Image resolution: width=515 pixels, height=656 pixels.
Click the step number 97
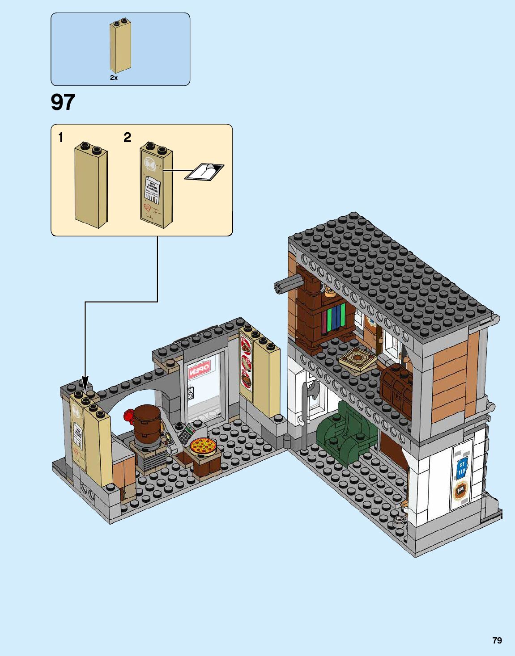click(x=63, y=102)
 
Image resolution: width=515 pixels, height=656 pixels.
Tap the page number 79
click(x=497, y=640)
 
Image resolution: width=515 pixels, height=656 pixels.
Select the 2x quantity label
click(x=114, y=78)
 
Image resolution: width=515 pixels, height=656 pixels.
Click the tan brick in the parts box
click(x=120, y=46)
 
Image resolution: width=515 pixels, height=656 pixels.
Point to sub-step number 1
click(x=61, y=138)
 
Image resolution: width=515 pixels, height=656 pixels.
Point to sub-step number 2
click(x=128, y=138)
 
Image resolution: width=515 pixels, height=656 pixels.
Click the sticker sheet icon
click(x=204, y=172)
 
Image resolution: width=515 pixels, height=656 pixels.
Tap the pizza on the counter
click(x=203, y=446)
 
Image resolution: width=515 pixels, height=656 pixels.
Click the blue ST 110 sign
click(x=462, y=467)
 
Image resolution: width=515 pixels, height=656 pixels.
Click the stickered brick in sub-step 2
click(x=156, y=185)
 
